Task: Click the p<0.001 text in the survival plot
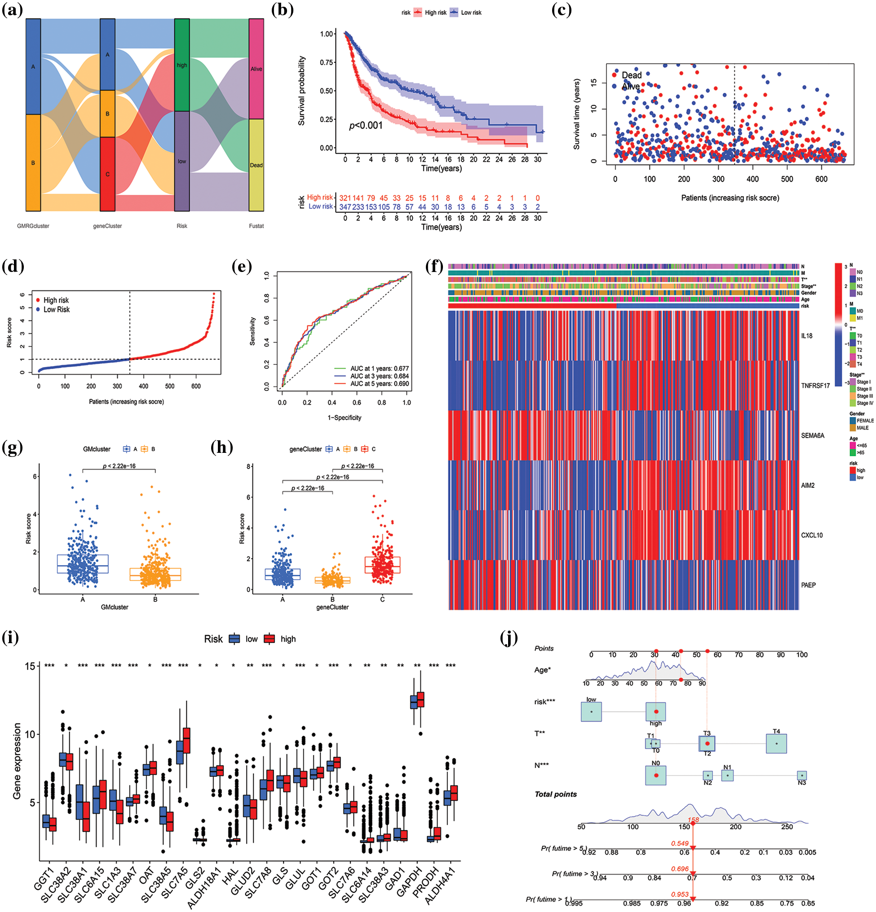[x=366, y=126]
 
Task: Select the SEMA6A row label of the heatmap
[x=812, y=435]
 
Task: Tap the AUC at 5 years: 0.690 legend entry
[x=379, y=384]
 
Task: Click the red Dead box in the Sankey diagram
[x=256, y=165]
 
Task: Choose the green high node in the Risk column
[x=181, y=65]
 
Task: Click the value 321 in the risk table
[x=345, y=198]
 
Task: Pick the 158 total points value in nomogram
[x=693, y=820]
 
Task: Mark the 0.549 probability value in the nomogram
[x=680, y=843]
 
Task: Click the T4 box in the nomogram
[x=776, y=744]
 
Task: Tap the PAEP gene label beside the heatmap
[x=808, y=585]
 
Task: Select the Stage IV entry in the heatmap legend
[x=864, y=403]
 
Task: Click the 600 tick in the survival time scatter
[x=821, y=179]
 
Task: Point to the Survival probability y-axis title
[x=301, y=91]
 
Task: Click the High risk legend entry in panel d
[x=55, y=300]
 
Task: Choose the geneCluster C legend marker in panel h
[x=365, y=449]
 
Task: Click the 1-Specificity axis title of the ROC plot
[x=344, y=417]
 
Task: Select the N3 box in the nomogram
[x=801, y=776]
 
